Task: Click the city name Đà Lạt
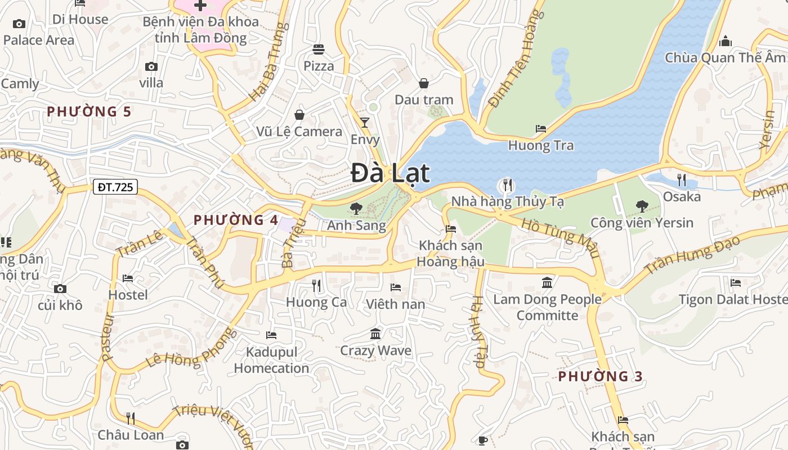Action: tap(390, 173)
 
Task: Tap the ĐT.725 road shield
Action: tap(115, 187)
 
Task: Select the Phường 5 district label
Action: tap(89, 111)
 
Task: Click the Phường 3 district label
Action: tap(600, 376)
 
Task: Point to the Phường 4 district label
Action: tap(236, 220)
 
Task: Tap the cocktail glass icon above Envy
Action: tap(365, 122)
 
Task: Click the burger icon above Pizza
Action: tap(319, 49)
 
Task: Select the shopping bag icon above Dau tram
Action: tap(424, 83)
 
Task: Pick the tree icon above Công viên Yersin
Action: tap(642, 206)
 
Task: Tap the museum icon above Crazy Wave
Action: tap(375, 334)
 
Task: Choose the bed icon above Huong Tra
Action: tap(541, 129)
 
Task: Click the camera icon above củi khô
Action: tap(60, 289)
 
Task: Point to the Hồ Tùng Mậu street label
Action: tap(560, 238)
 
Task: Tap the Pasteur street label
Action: tap(108, 336)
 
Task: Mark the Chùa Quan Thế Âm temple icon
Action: tap(726, 41)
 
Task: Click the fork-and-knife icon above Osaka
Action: tap(682, 179)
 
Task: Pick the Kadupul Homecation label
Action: tap(271, 360)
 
